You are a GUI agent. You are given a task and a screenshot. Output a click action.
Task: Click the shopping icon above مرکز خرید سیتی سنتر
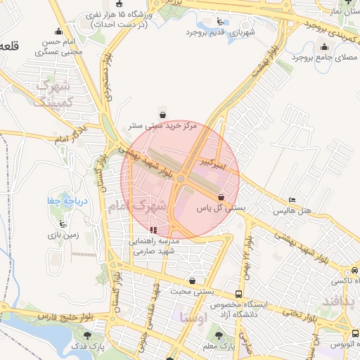click(162, 115)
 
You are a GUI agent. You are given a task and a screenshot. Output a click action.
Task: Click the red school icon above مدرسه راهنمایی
click(153, 229)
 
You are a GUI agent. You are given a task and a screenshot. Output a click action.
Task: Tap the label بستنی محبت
click(193, 290)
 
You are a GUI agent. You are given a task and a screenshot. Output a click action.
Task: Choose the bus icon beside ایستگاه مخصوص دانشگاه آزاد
click(239, 294)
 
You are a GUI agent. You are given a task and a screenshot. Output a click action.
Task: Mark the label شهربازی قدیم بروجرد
click(219, 32)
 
